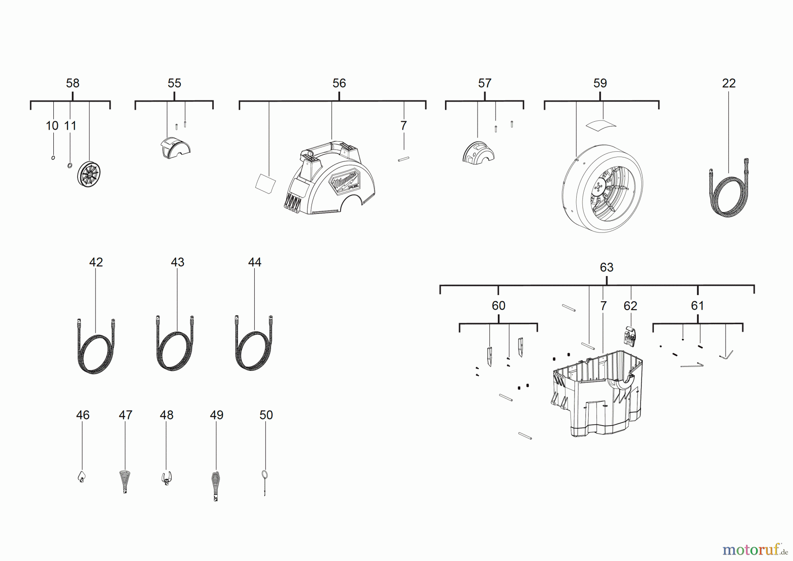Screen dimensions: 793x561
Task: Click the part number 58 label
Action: (73, 83)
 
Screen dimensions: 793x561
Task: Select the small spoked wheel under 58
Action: (89, 174)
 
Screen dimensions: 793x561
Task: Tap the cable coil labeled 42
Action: (96, 346)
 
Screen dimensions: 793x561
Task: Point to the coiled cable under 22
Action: (729, 188)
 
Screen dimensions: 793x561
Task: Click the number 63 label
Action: (607, 267)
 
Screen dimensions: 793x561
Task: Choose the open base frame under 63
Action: (597, 393)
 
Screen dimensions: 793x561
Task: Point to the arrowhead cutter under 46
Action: (82, 477)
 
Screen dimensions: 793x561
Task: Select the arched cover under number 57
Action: (478, 152)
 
